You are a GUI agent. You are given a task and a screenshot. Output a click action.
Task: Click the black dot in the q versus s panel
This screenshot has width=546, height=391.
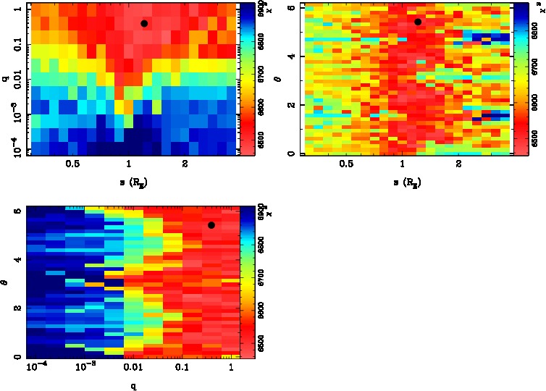(x=144, y=24)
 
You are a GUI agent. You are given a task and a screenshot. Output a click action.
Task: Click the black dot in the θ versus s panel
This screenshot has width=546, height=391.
(x=418, y=22)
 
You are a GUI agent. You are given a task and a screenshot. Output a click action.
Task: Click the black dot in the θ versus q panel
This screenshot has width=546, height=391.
(x=211, y=225)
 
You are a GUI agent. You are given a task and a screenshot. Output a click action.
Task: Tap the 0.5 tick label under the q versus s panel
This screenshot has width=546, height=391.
(x=72, y=164)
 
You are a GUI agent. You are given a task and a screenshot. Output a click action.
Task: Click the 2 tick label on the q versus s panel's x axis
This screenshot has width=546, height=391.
(x=185, y=164)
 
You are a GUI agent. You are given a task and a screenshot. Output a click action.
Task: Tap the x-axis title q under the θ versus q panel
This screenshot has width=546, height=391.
(x=133, y=386)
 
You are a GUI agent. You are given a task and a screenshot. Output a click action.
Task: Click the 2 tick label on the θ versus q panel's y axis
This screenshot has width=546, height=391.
(x=19, y=309)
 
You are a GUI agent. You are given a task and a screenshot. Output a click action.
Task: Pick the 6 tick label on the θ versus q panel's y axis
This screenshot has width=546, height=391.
(x=19, y=211)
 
